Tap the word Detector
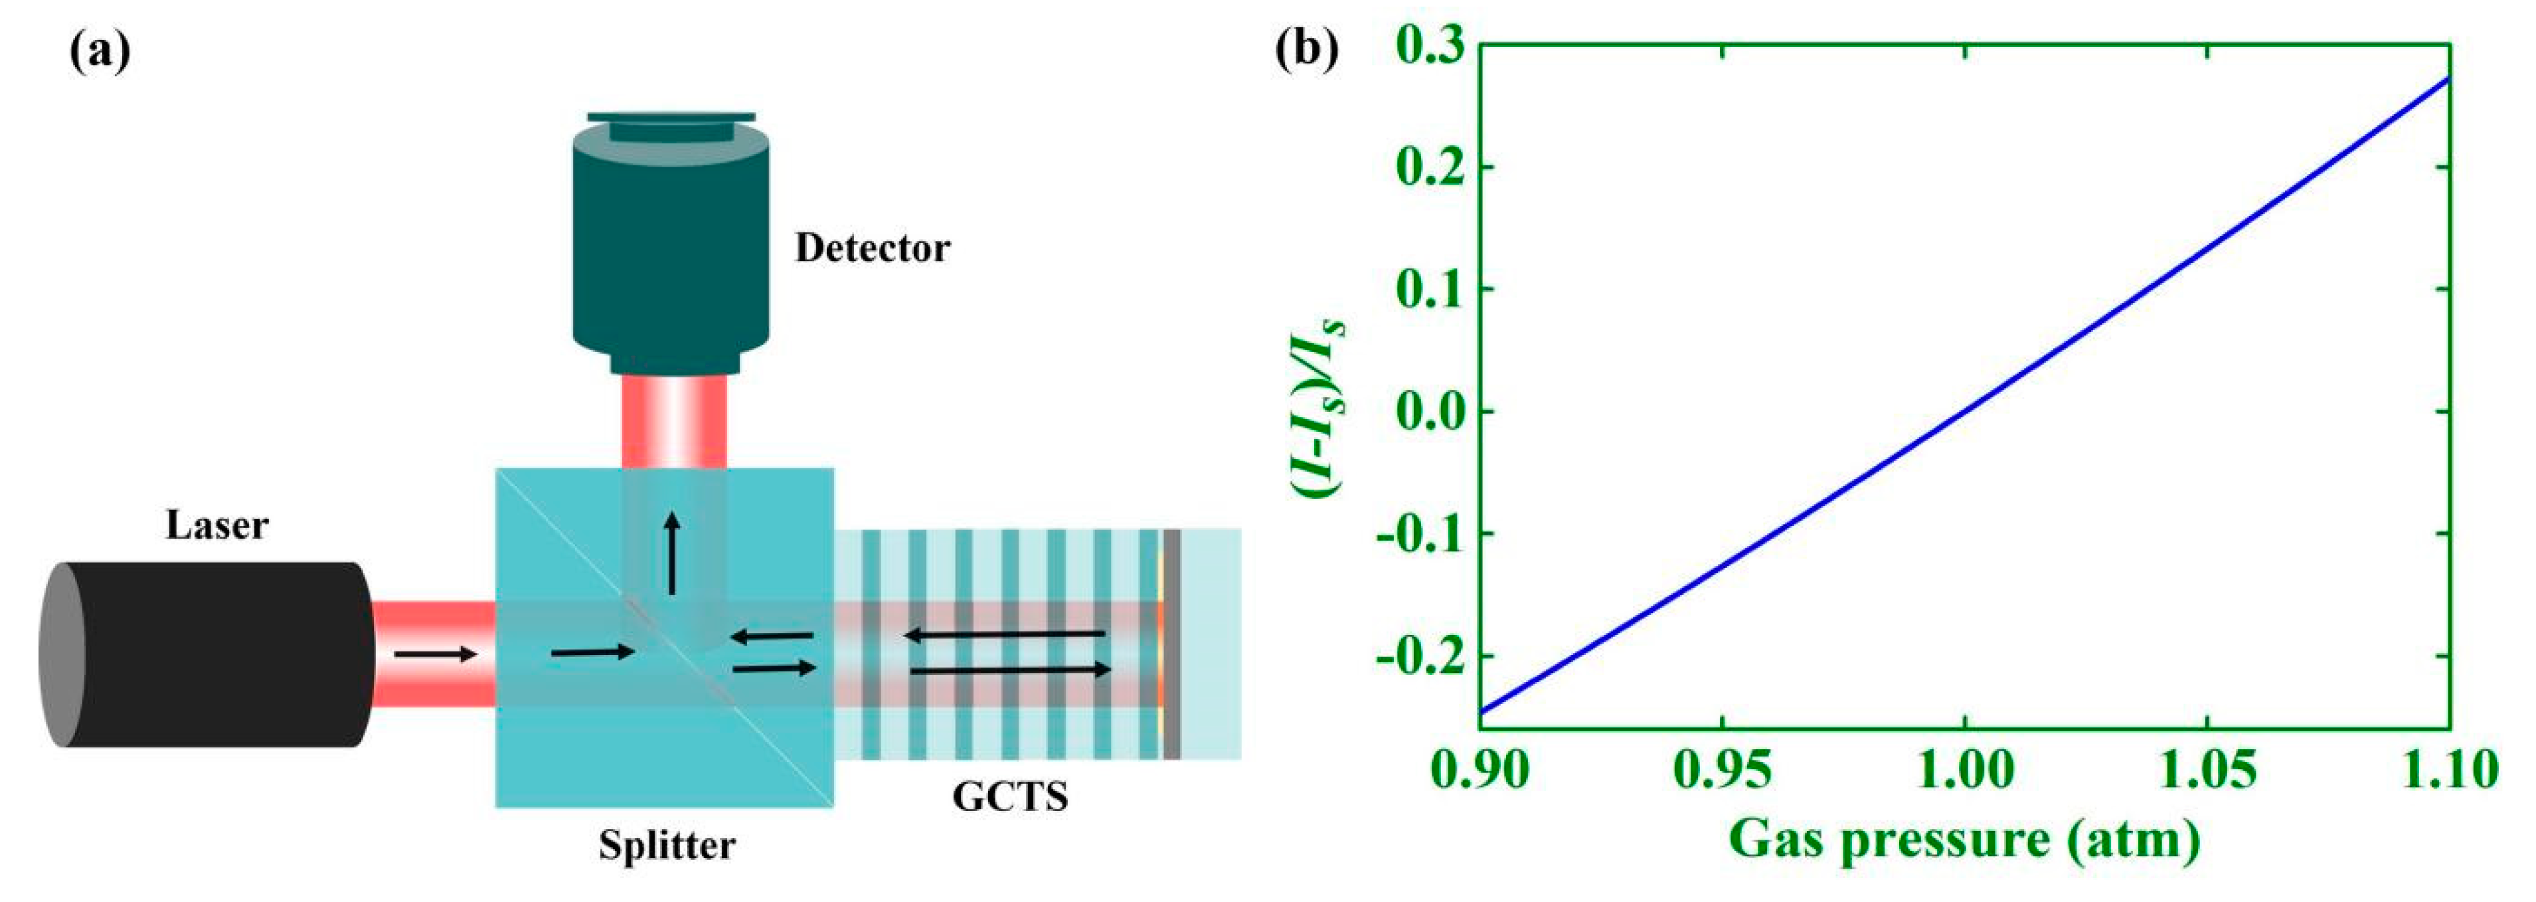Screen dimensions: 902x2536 pos(873,248)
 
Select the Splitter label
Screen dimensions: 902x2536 pos(667,845)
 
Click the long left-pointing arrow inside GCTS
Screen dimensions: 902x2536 pos(1004,635)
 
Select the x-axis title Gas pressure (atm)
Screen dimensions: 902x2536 pos(1964,840)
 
